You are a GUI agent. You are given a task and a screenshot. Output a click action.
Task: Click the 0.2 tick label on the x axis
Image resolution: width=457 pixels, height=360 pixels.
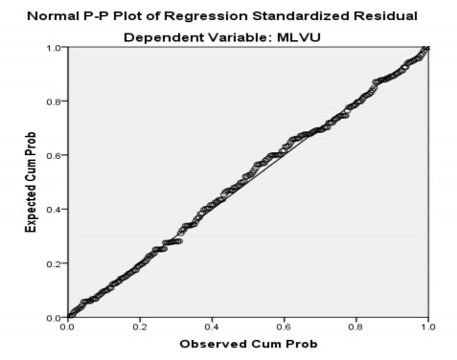point(140,326)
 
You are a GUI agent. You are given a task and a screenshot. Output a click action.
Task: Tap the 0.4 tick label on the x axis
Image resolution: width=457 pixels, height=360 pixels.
point(212,326)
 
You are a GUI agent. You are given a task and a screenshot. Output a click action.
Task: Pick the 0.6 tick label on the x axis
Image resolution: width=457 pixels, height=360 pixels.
point(284,326)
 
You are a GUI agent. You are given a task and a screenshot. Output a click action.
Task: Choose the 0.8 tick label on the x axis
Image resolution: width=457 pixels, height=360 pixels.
point(355,326)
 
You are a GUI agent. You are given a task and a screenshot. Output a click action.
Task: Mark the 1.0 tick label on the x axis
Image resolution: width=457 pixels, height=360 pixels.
point(426,326)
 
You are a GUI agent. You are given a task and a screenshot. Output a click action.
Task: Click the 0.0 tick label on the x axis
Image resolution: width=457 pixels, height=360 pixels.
point(68,326)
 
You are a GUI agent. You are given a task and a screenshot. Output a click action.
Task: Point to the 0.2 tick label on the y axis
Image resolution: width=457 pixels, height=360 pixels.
point(56,263)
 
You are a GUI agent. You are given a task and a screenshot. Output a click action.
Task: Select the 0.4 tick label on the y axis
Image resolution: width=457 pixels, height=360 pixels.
point(56,210)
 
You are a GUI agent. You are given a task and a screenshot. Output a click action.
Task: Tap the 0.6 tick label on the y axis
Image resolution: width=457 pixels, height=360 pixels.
point(56,155)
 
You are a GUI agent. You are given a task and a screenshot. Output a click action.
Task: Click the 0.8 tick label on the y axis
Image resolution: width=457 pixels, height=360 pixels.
point(56,101)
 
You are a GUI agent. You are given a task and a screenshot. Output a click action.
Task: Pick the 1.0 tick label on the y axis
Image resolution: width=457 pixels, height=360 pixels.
point(56,48)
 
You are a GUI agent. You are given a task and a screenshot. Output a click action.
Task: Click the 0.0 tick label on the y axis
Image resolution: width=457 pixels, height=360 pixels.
point(56,317)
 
